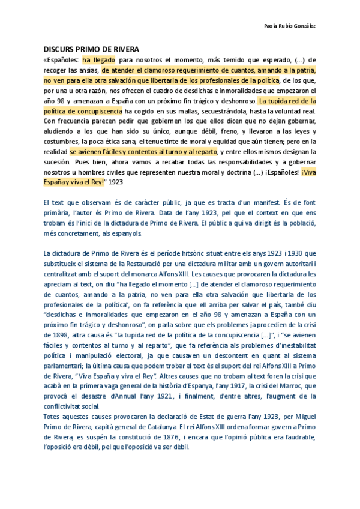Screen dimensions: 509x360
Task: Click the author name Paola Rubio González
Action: click(290, 26)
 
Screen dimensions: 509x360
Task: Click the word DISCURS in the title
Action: click(59, 49)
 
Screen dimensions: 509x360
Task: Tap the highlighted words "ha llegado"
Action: click(99, 60)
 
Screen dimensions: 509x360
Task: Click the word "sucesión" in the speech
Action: click(56, 162)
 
